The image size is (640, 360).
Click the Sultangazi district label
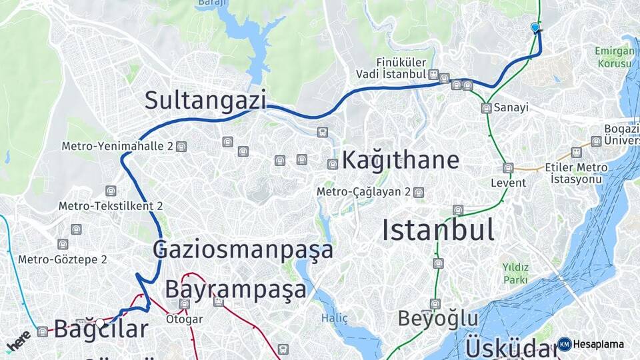click(x=205, y=100)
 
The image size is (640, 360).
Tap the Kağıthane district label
click(x=401, y=160)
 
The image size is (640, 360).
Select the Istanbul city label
click(x=438, y=230)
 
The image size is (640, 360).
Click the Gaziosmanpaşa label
click(x=243, y=250)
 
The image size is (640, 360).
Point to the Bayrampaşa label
click(x=235, y=289)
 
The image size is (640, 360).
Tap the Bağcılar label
click(x=101, y=329)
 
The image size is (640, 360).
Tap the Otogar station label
click(x=184, y=319)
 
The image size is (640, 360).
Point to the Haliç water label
click(x=335, y=318)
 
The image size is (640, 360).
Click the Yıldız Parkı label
click(x=515, y=273)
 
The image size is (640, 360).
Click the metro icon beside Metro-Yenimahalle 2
click(x=181, y=146)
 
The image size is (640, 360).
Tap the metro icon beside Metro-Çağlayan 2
click(x=418, y=192)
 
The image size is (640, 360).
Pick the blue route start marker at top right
click(x=535, y=27)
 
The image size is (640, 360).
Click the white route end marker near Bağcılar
click(x=100, y=323)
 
